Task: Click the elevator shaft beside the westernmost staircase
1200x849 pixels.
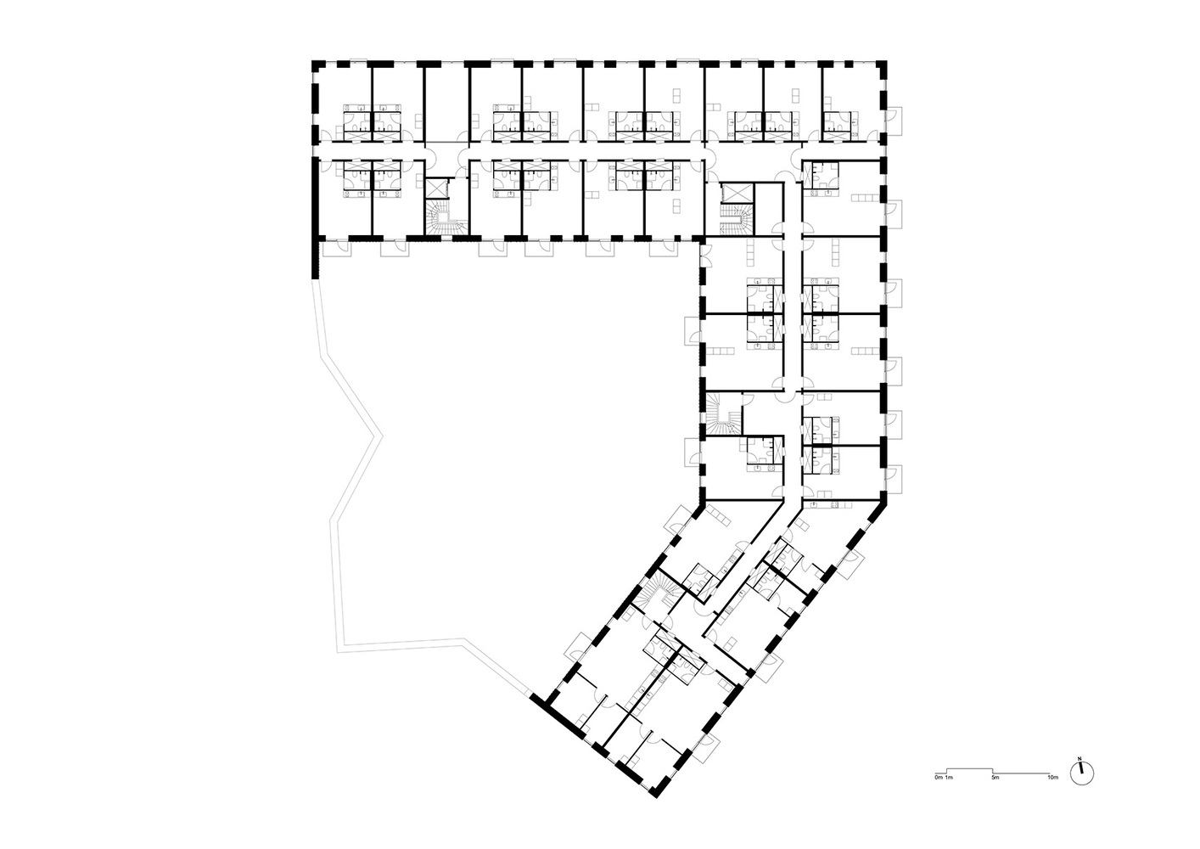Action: coord(438,188)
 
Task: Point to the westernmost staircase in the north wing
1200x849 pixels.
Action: coord(446,217)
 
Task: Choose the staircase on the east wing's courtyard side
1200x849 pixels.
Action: coord(724,414)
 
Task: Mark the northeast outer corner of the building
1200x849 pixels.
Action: coord(884,62)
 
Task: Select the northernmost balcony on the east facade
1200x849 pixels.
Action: coord(894,121)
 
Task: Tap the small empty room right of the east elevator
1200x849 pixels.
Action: coord(769,210)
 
